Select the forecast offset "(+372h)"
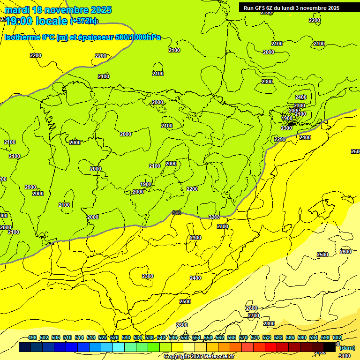(x=84, y=21)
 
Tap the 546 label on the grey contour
(x=177, y=213)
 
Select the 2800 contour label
(x=269, y=323)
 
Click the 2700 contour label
(x=254, y=315)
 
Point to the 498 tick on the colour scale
(x=32, y=337)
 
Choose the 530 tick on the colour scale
(x=126, y=337)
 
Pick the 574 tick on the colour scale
(x=255, y=337)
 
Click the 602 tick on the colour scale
(x=337, y=337)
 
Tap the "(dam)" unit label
(x=347, y=348)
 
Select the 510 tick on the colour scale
(x=67, y=337)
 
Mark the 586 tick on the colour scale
(x=290, y=337)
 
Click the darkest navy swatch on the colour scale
(x=25, y=347)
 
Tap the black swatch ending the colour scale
(x=330, y=347)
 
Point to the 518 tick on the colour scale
(x=91, y=337)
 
